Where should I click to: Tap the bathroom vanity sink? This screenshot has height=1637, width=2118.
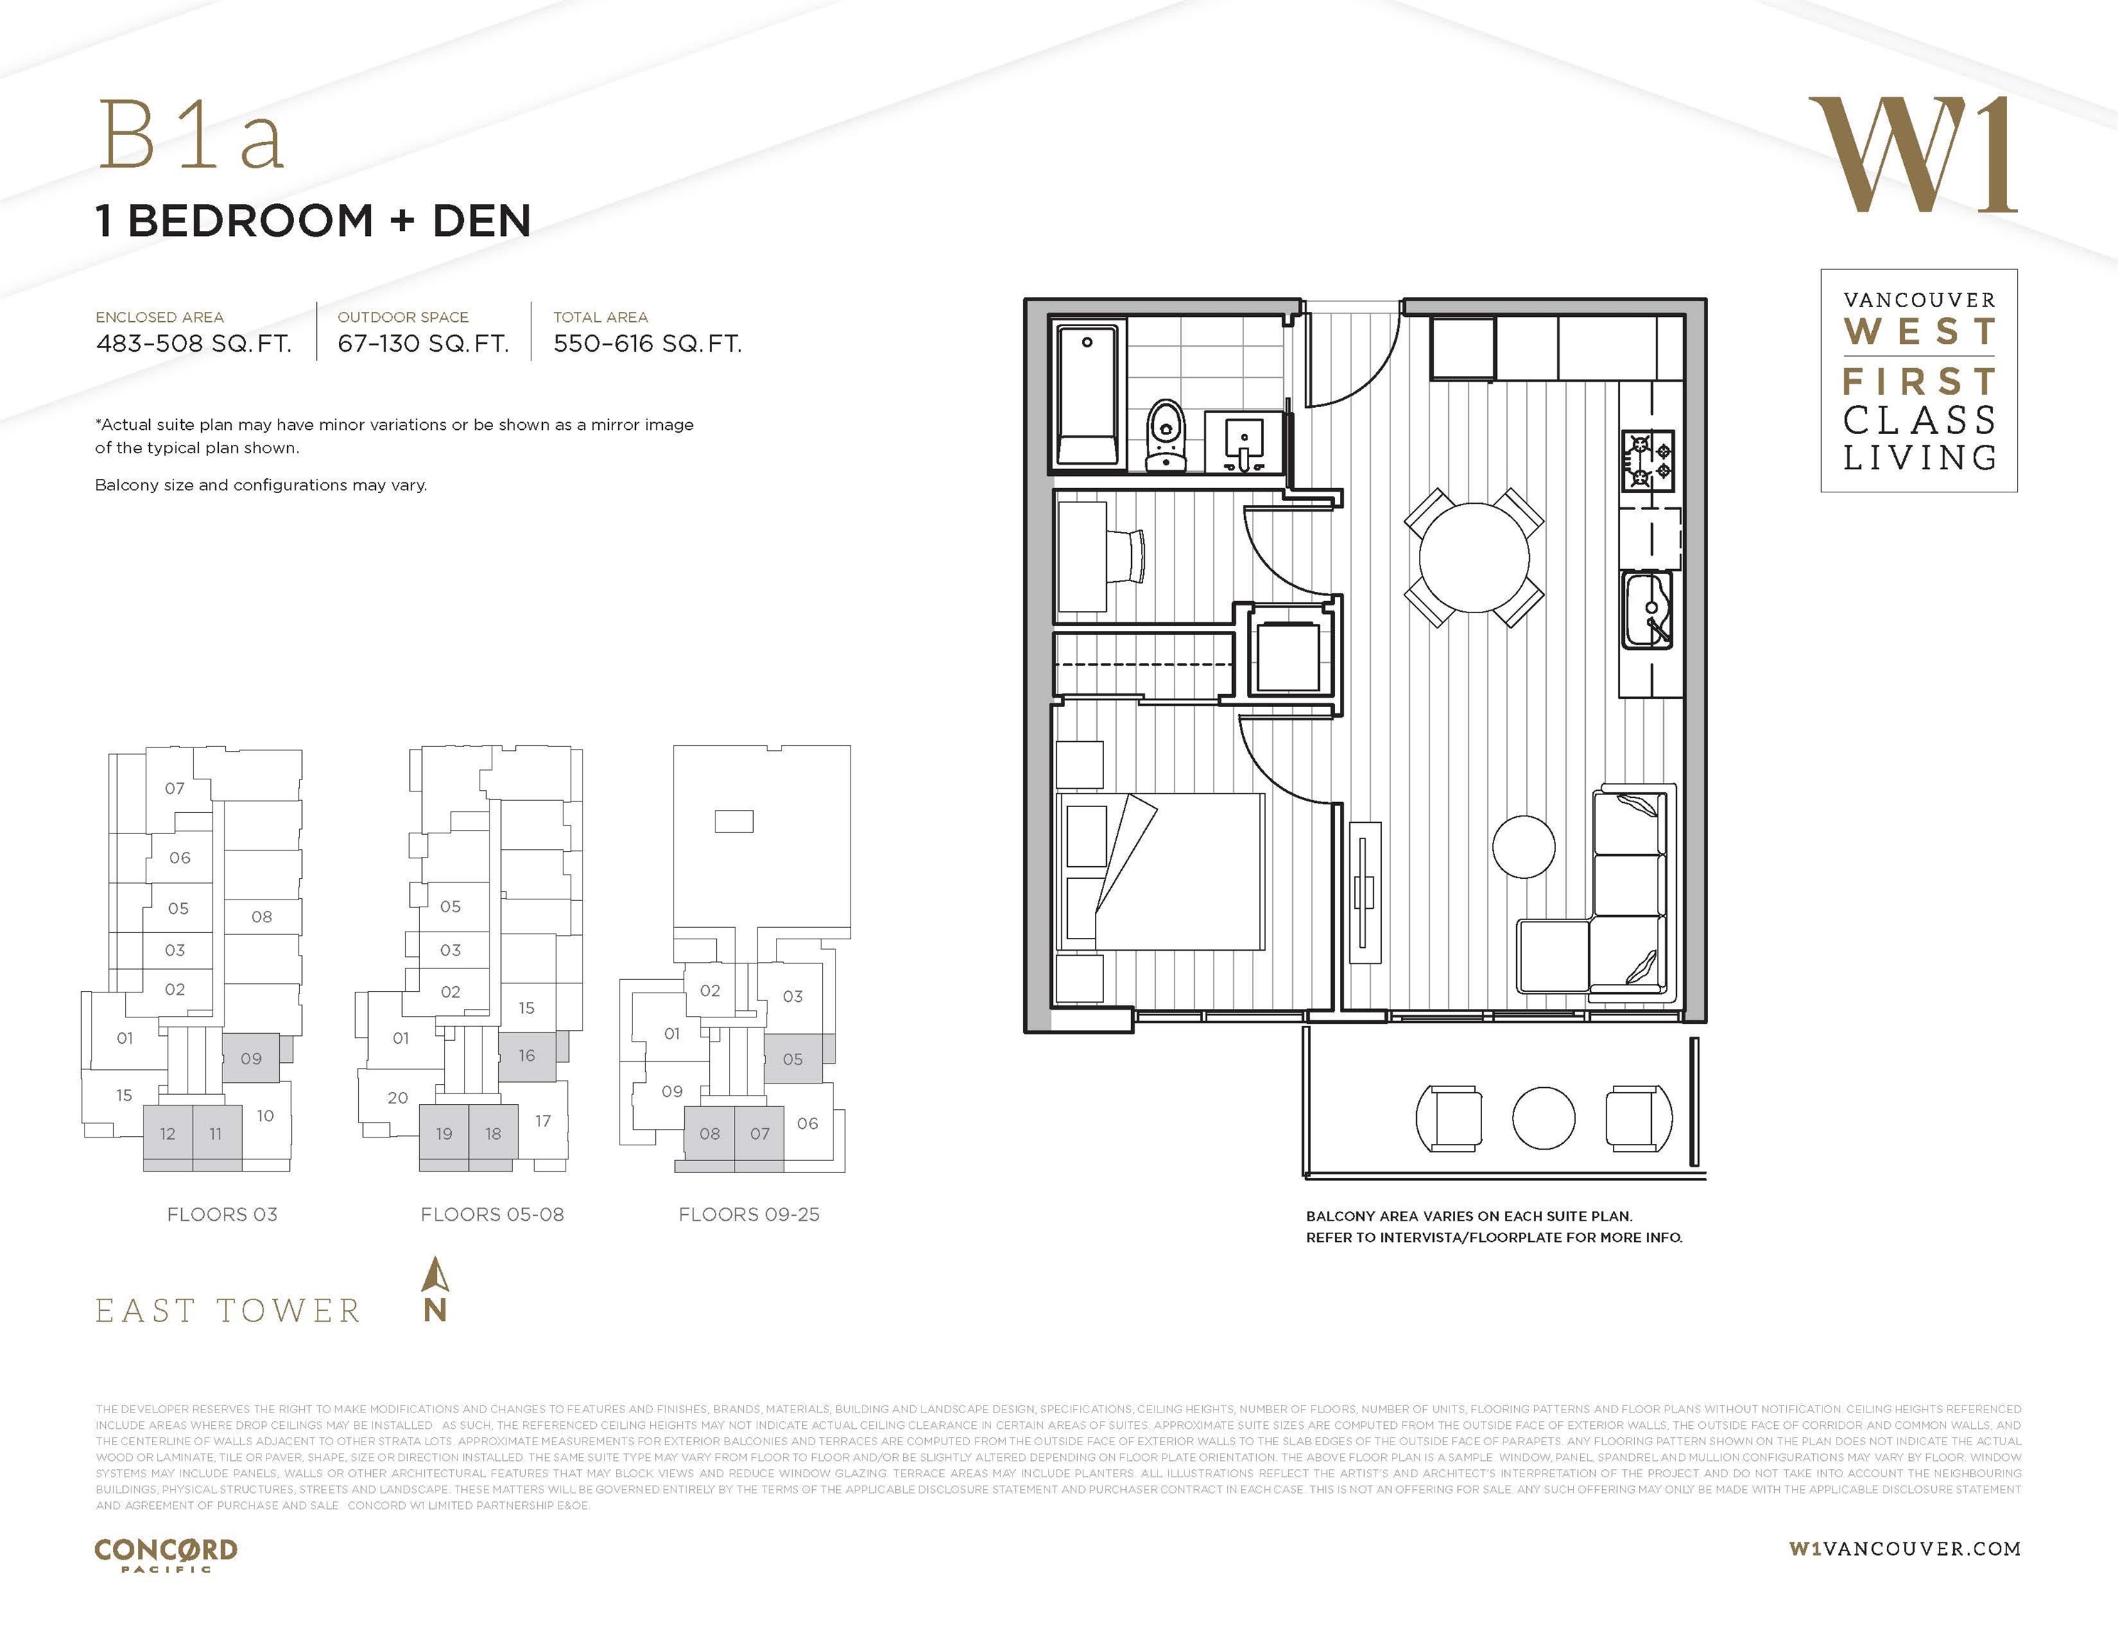pyautogui.click(x=1244, y=441)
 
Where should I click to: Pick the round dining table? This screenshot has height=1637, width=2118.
pyautogui.click(x=1474, y=558)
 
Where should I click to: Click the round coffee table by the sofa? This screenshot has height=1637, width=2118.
pyautogui.click(x=1523, y=845)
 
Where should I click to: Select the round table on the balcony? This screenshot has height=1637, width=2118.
pyautogui.click(x=1543, y=1117)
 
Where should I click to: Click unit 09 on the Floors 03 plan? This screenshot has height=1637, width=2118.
pyautogui.click(x=252, y=1058)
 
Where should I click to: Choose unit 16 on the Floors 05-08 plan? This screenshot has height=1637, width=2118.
pyautogui.click(x=526, y=1055)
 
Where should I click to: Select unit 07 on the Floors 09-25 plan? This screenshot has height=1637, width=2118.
pyautogui.click(x=760, y=1133)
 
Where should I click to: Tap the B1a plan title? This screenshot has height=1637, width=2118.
pyautogui.click(x=192, y=136)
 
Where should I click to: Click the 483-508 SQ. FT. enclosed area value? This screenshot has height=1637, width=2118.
pyautogui.click(x=194, y=343)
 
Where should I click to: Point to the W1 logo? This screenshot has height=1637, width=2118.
pyautogui.click(x=1911, y=155)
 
